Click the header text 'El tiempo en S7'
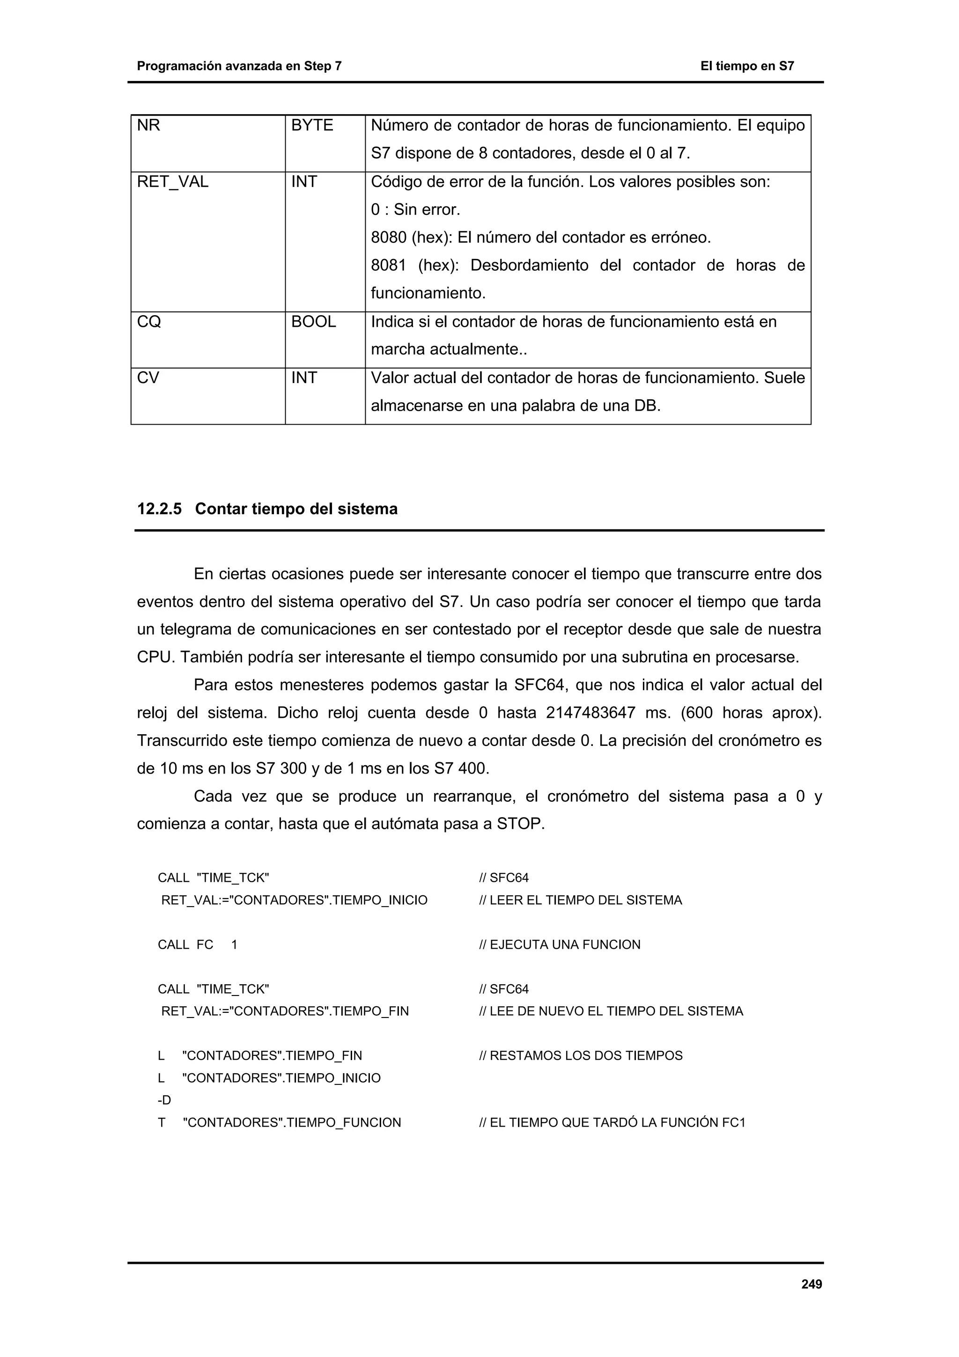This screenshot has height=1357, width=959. coord(747,66)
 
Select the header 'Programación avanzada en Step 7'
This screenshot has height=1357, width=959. coord(239,66)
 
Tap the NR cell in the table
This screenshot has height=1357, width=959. coord(149,125)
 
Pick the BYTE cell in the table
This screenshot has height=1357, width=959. coord(312,125)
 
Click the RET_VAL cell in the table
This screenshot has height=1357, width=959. coord(172,182)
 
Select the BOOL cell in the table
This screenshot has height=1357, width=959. coord(313,322)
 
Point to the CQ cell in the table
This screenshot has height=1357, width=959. coord(149,322)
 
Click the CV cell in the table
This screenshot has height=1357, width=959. coord(148,378)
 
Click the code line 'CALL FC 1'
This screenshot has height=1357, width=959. coord(197,944)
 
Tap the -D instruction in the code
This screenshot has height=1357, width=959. coord(164,1100)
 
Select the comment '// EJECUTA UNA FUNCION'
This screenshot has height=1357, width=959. coord(560,944)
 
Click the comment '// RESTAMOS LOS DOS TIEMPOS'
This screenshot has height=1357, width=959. coord(580,1055)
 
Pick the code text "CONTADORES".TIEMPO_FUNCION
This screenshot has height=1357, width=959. coord(292,1122)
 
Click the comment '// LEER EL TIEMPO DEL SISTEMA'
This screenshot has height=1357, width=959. coord(580,900)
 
